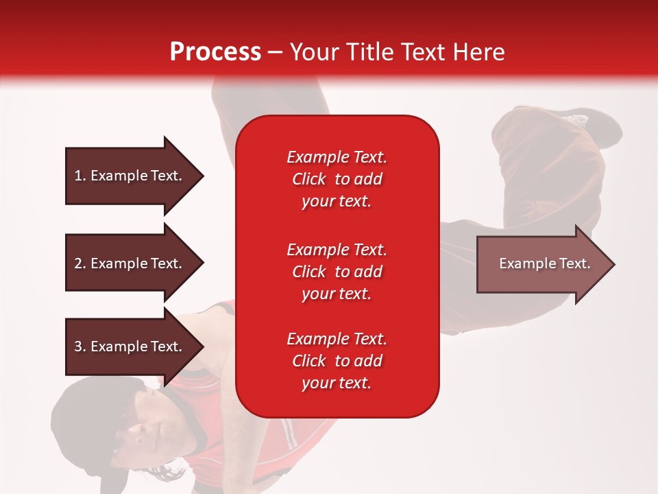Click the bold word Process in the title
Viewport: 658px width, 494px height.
(x=215, y=52)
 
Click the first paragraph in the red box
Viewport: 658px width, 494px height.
(x=337, y=179)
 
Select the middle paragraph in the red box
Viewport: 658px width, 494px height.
(x=337, y=271)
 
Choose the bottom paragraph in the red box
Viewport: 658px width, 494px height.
(x=337, y=361)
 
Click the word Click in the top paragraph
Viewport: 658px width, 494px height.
(x=308, y=179)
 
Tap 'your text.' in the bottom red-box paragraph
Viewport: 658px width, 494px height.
(x=337, y=383)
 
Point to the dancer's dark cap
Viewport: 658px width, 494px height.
(x=82, y=412)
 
